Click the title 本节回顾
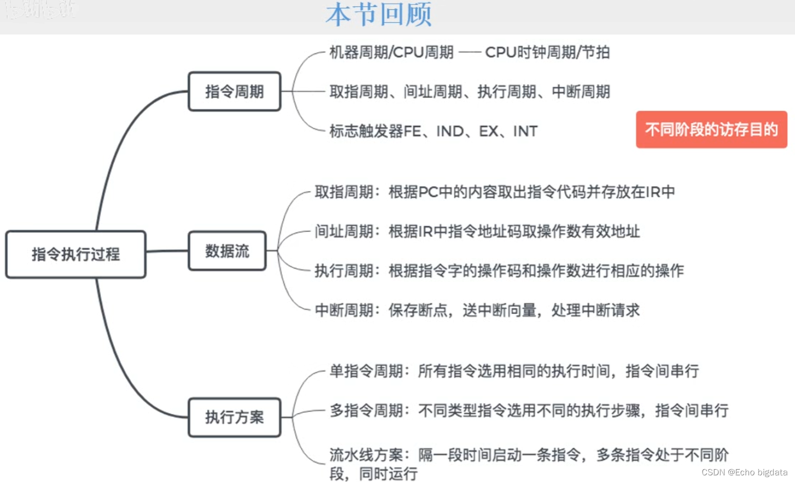379,14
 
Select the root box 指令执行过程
76,254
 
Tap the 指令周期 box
234,92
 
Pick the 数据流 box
227,251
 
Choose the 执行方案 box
234,417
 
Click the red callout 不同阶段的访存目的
711,130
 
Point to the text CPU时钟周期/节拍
547,52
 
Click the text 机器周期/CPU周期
391,52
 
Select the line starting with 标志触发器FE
433,131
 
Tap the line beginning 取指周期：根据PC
494,192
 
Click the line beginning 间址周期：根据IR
477,232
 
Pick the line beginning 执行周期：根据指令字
499,270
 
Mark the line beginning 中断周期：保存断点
477,310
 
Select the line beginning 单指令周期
514,371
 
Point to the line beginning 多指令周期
529,410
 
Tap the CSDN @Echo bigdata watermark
744,472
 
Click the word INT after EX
525,132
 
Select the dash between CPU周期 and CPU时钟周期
469,52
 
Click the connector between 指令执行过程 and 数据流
167,251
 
